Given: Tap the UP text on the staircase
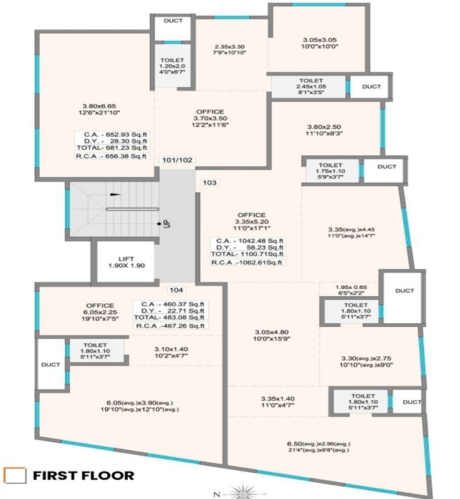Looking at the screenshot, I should pyautogui.click(x=166, y=222).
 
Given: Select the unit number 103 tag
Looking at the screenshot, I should pyautogui.click(x=209, y=183).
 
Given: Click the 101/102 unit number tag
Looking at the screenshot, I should pyautogui.click(x=178, y=160).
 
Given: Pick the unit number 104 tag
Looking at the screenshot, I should pyautogui.click(x=176, y=289).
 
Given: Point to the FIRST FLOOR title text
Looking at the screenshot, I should pyautogui.click(x=84, y=475).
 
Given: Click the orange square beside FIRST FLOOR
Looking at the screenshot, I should pyautogui.click(x=14, y=475).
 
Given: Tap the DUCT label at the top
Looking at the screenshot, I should pyautogui.click(x=173, y=21).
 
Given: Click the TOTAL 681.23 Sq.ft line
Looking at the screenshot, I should pyautogui.click(x=111, y=148).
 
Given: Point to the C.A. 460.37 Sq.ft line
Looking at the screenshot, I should pyautogui.click(x=170, y=304).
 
